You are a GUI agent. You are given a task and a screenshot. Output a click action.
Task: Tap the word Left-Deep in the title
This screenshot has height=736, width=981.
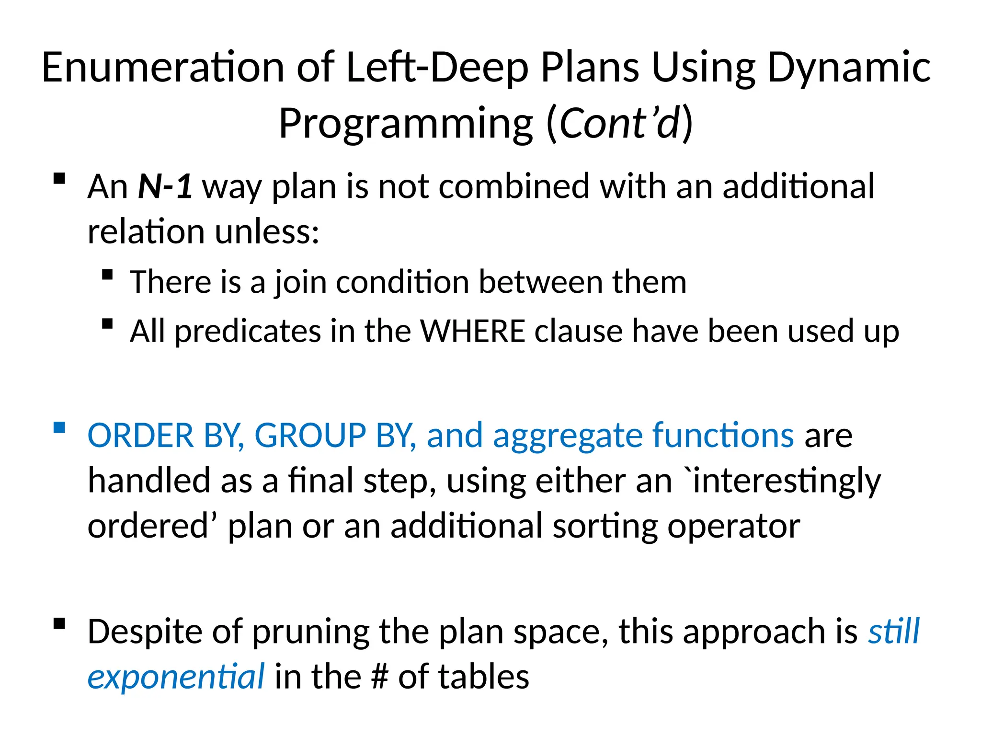click(437, 68)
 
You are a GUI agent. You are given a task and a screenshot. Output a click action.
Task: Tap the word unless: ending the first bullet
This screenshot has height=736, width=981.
click(266, 231)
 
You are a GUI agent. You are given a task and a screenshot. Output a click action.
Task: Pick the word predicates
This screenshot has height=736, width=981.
click(247, 332)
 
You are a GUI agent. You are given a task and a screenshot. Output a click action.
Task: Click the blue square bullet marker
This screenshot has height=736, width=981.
click(59, 427)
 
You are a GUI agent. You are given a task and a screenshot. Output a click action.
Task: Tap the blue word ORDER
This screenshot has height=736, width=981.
click(140, 436)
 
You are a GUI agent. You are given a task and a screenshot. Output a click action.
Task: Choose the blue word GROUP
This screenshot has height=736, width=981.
click(310, 436)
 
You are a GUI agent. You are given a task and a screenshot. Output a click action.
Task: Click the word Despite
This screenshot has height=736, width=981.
click(145, 632)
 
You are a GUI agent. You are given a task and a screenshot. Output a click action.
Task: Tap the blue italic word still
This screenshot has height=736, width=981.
click(894, 631)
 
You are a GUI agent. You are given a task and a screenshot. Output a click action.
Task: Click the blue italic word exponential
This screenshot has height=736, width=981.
click(176, 677)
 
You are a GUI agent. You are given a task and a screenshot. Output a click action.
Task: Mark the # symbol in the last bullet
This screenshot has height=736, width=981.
click(379, 677)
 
